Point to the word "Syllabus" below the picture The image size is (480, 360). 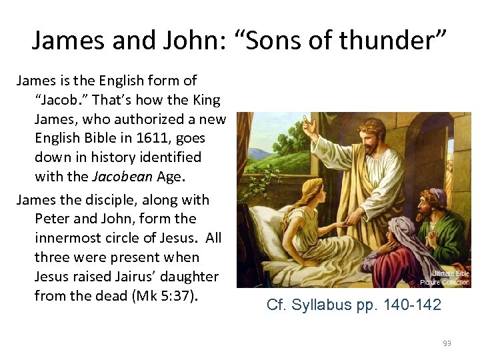(321, 305)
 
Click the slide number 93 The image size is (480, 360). (447, 343)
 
